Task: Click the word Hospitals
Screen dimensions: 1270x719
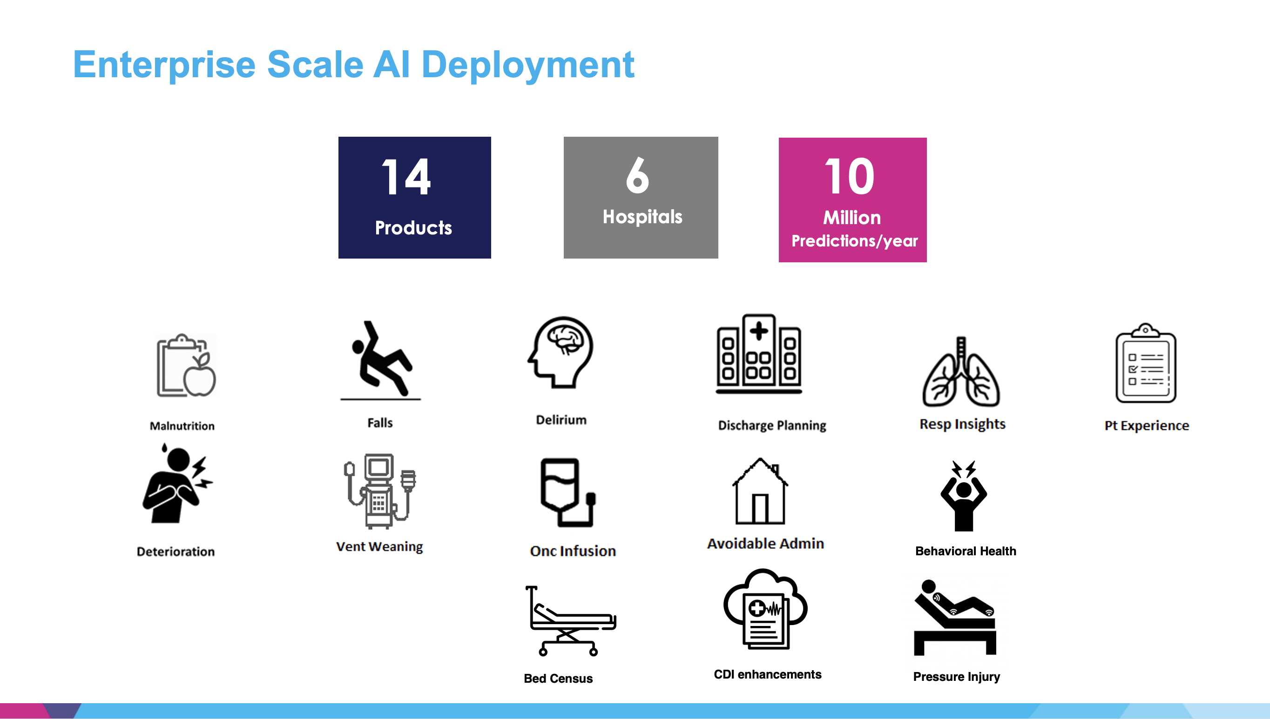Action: tap(642, 217)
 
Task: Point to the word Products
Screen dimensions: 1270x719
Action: tap(413, 227)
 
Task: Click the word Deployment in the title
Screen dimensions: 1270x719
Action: tap(528, 65)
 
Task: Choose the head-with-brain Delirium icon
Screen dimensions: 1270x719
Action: tap(561, 352)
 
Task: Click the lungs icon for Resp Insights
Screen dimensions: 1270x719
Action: tap(961, 371)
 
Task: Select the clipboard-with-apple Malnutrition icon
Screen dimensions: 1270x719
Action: tap(186, 366)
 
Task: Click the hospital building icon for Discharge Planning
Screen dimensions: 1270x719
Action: tap(759, 353)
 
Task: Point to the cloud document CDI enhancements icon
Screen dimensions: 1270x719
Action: tap(765, 609)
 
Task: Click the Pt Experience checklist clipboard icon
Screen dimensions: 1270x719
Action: tap(1146, 363)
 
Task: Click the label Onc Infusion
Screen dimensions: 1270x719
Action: tap(573, 551)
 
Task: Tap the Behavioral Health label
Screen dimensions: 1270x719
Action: tap(966, 551)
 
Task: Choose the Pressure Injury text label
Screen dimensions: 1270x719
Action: tap(956, 677)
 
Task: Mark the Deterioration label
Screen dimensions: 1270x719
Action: tap(176, 552)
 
